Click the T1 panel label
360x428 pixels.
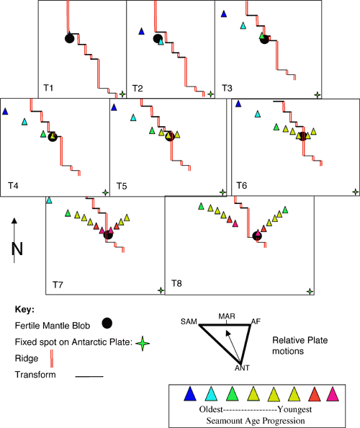point(48,88)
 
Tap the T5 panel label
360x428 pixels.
point(122,186)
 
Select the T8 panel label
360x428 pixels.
point(176,283)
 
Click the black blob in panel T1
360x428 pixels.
point(70,38)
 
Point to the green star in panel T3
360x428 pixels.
point(318,95)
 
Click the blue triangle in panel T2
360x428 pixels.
point(141,32)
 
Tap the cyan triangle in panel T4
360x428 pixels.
point(24,122)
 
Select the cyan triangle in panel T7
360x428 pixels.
point(49,200)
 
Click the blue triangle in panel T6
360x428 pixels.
point(238,104)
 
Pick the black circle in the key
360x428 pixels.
point(107,324)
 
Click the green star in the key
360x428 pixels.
point(143,343)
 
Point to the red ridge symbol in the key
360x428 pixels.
point(52,359)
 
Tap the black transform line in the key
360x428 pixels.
point(89,376)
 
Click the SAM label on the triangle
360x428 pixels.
point(189,322)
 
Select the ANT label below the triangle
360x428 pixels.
point(242,368)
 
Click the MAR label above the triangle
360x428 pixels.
point(227,316)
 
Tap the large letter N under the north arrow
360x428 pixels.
point(17,249)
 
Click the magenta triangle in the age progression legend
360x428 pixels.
point(333,394)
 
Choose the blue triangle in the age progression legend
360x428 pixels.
point(190,393)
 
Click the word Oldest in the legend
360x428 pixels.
point(211,409)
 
